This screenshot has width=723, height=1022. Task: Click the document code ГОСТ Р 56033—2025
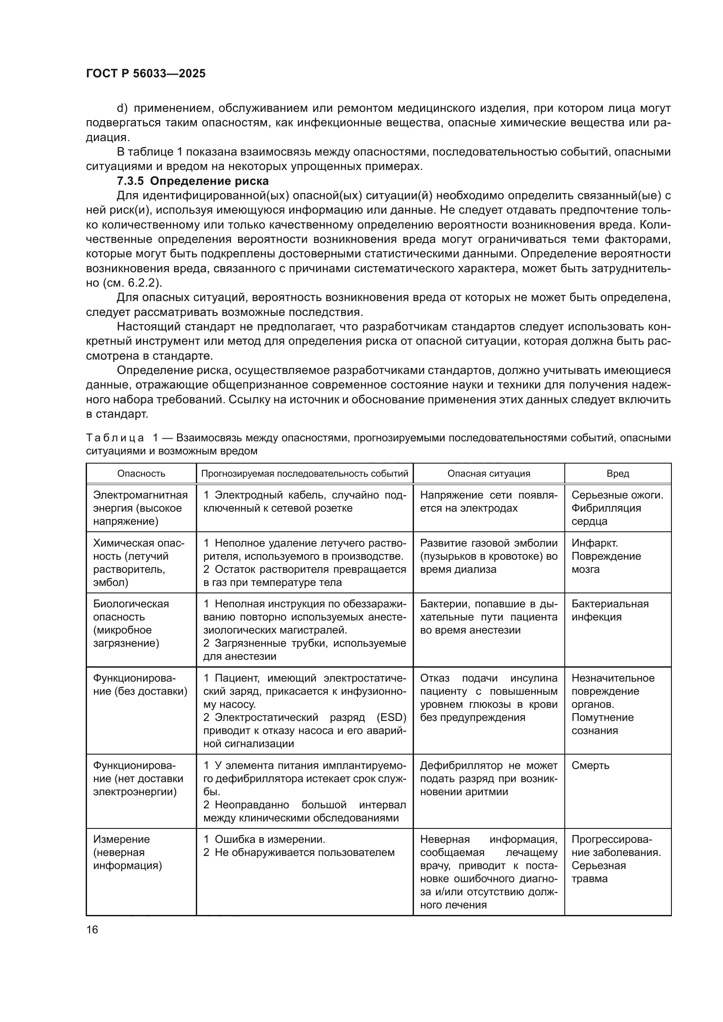click(146, 73)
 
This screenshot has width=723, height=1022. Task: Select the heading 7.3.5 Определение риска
click(193, 181)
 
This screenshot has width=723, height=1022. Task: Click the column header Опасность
click(141, 474)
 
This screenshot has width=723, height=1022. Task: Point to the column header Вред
click(618, 474)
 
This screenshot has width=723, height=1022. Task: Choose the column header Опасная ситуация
click(488, 474)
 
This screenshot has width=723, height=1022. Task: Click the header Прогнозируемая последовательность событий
click(305, 474)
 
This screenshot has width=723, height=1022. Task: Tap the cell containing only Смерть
click(590, 766)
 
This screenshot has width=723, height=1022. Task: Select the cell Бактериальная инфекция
click(609, 610)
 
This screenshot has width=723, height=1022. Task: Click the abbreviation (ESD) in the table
click(391, 717)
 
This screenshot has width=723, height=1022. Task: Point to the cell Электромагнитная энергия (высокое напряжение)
click(140, 508)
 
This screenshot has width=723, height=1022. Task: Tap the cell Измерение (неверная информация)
click(127, 852)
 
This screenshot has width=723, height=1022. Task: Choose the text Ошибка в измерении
click(270, 839)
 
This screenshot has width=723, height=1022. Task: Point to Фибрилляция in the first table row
click(606, 508)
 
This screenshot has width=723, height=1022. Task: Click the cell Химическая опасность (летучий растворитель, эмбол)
click(139, 563)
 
